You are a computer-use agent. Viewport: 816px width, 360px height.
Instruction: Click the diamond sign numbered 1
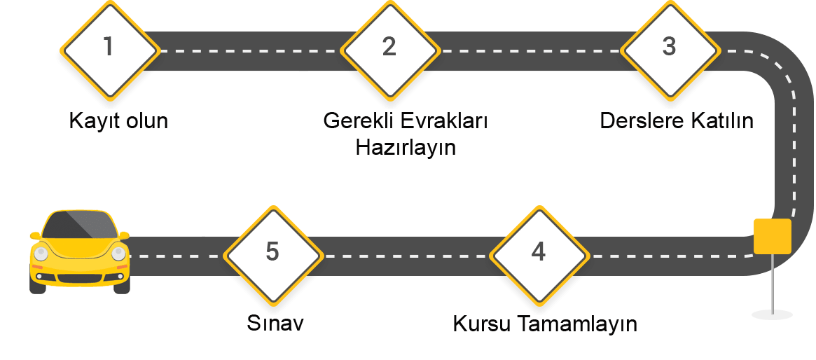tap(109, 49)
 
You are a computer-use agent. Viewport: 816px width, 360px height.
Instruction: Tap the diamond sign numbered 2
tap(389, 49)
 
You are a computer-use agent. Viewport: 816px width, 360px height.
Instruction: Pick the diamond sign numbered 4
tap(538, 254)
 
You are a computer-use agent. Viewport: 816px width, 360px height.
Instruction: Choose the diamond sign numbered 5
tap(272, 254)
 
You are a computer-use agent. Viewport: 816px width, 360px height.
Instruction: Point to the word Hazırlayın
tap(406, 147)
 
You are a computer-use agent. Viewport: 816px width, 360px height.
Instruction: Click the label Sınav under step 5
tap(275, 324)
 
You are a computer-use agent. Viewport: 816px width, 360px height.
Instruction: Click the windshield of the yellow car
tap(79, 225)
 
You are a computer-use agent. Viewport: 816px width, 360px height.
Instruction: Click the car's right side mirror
tap(125, 235)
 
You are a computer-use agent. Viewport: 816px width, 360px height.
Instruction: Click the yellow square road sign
tap(772, 236)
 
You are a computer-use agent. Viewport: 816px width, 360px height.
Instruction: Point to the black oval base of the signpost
tap(772, 314)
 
